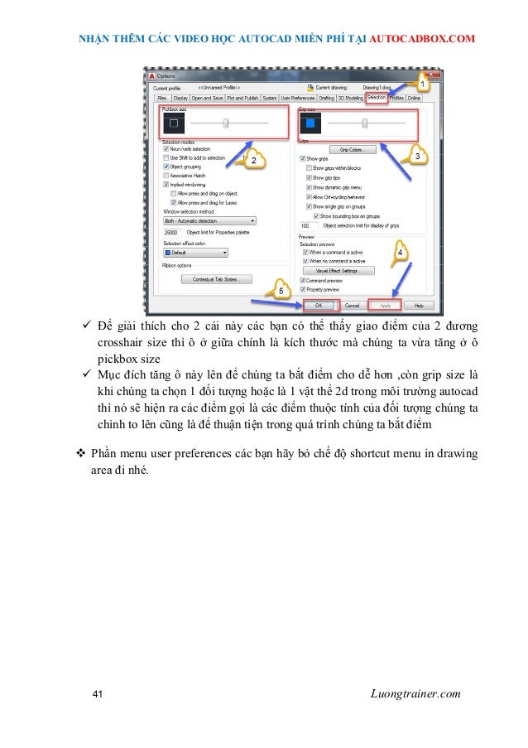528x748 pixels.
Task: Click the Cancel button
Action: (x=351, y=305)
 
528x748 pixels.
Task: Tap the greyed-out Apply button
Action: (x=385, y=305)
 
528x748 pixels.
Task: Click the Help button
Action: (x=420, y=305)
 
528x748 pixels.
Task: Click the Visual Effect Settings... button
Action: (x=339, y=271)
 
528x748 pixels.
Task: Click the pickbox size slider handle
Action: (x=226, y=123)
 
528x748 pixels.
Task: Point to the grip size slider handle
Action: (x=365, y=123)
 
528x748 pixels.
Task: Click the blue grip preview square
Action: (x=311, y=124)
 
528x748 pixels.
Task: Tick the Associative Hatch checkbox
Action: (x=166, y=176)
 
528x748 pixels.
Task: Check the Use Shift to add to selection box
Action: (x=166, y=157)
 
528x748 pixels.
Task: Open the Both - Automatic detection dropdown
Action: (x=209, y=221)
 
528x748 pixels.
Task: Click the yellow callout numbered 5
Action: (x=281, y=291)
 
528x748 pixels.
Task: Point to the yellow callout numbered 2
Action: (x=256, y=159)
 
